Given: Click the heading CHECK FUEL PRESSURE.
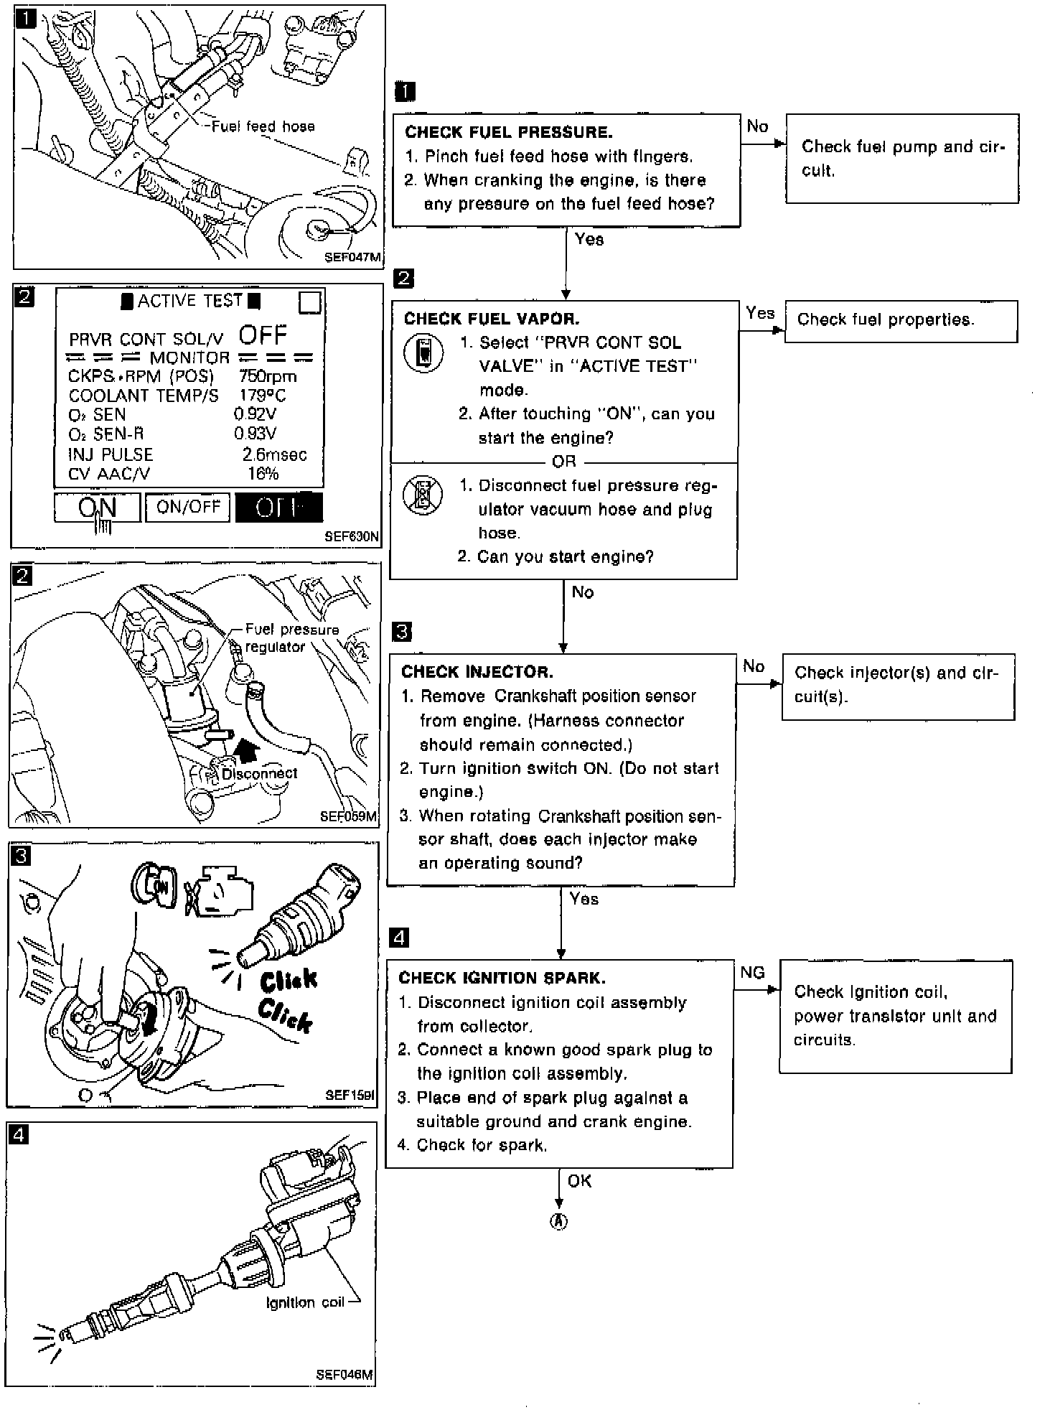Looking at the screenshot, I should pos(508,132).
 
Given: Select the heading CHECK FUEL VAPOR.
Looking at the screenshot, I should pos(491,319).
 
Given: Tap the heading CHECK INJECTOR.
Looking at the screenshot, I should pos(477,672).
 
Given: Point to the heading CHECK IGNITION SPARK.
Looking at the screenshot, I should pos(502,978).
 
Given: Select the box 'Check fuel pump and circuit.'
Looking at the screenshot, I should pos(902,158).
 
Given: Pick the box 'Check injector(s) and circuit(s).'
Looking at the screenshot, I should pos(898,686).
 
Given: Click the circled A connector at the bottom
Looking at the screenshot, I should pos(558,1221).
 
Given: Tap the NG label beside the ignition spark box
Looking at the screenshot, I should pos(752,973).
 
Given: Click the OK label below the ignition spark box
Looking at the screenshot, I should pos(579,1181).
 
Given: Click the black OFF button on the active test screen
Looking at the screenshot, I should pos(278,508).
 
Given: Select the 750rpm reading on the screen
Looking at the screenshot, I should pos(267,376).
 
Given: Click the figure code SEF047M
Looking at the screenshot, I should pos(352,258).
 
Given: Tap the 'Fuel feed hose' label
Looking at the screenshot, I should pos(263,127).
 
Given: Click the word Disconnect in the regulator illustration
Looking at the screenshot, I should pos(259,774).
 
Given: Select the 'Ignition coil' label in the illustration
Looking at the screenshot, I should pos(305,1302).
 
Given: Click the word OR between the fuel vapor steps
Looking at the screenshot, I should pos(564,462).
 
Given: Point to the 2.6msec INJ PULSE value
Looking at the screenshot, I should pos(274,454).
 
